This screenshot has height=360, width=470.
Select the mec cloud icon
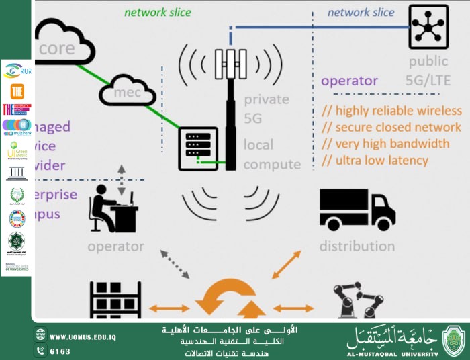tap(127, 91)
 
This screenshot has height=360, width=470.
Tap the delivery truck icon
tap(357, 209)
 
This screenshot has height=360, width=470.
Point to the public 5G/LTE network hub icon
tap(429, 26)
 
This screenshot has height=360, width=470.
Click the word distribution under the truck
tap(357, 246)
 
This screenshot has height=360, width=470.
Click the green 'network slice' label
tap(158, 12)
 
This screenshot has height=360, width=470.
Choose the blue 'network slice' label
tap(361, 12)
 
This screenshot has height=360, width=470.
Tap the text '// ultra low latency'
tap(375, 160)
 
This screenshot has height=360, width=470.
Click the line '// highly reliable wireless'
tap(391, 110)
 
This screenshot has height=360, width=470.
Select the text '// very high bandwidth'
tap(385, 143)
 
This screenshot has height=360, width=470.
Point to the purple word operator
tap(349, 81)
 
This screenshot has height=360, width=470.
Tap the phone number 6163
tap(60, 351)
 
